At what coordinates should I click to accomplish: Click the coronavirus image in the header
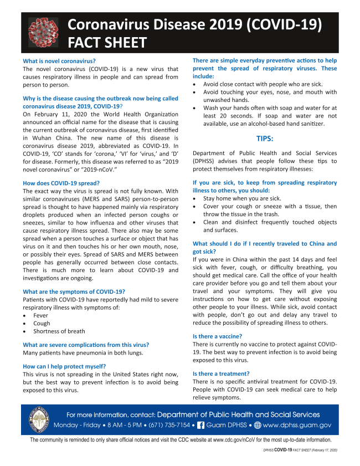point(43,33)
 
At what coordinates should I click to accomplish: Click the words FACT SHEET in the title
point(107,43)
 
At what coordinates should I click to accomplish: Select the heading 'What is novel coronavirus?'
point(59,60)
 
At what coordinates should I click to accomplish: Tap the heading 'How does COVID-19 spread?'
point(61,183)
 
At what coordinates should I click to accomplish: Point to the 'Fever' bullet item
point(40,315)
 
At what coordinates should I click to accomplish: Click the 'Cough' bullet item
point(42,323)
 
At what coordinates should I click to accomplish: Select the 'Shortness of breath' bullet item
point(59,331)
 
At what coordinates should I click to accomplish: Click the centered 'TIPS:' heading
point(264,138)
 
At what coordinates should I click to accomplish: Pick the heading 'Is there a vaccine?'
point(217,336)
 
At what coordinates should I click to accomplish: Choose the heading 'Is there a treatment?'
point(220,374)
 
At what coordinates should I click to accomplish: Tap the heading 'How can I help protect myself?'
point(64,366)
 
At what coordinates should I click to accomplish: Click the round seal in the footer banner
point(40,419)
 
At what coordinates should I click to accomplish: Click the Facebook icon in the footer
point(201,425)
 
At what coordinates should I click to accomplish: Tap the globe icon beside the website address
point(256,425)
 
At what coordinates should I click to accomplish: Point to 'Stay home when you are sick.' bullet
point(242,198)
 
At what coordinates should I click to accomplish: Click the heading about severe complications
point(86,345)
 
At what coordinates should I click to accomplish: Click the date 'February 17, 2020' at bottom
point(323,450)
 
